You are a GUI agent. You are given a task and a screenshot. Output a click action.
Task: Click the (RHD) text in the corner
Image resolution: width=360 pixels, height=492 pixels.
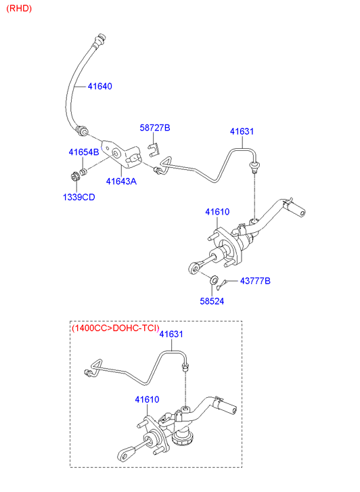(19, 8)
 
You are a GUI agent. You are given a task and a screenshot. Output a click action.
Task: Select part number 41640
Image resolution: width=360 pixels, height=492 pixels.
(99, 87)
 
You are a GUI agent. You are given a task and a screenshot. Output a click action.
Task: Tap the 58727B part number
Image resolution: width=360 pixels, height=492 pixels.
(155, 128)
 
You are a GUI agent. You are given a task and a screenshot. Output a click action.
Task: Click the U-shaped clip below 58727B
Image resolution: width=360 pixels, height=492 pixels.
(154, 149)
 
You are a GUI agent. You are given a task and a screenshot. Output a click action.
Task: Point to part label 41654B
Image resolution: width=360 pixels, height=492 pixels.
(84, 152)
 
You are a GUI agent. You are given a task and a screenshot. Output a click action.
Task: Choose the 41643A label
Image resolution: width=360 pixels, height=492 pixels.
(121, 181)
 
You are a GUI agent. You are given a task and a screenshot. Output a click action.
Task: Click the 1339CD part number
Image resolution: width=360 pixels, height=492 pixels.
(78, 197)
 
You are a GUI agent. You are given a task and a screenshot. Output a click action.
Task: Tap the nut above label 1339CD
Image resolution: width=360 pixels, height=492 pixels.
(75, 177)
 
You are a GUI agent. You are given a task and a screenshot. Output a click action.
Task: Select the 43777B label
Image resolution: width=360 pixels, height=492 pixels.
(255, 281)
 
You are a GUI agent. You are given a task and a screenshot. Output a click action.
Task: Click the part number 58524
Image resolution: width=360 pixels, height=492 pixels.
(212, 301)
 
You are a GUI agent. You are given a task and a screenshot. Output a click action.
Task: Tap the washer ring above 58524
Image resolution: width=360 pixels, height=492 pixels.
(214, 279)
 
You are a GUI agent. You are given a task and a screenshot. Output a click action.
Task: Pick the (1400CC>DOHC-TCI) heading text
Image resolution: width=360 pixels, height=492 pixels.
(116, 328)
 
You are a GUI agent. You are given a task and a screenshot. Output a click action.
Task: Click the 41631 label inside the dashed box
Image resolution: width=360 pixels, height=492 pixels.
(171, 334)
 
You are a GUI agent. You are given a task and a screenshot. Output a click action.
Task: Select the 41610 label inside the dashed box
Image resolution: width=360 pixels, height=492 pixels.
(147, 399)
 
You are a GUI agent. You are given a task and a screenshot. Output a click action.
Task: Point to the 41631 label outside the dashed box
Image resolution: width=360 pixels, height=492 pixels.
(242, 131)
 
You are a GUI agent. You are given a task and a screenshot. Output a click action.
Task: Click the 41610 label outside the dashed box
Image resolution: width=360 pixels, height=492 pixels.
(217, 212)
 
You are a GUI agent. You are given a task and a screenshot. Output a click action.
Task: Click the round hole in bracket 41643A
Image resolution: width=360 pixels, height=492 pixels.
(116, 154)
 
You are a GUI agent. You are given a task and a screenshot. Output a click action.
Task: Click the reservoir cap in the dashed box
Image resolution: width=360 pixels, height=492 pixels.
(183, 438)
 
